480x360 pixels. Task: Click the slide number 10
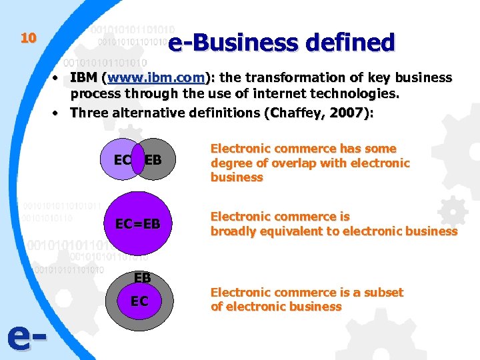point(27,38)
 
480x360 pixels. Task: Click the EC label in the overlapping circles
point(122,160)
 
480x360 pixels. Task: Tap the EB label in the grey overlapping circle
point(153,160)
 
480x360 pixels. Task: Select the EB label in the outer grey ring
point(142,277)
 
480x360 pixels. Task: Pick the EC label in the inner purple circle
point(139,301)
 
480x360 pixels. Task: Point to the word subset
point(383,292)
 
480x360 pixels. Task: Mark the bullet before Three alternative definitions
point(59,113)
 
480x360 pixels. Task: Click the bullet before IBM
point(59,78)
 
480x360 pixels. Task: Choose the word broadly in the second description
point(229,231)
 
